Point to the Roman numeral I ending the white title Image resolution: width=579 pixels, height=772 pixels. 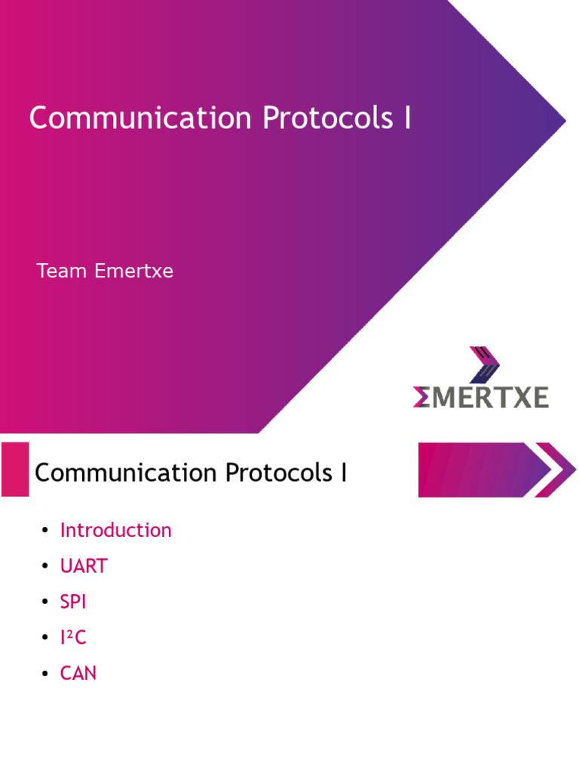click(x=407, y=119)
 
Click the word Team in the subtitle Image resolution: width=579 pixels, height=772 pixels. click(x=62, y=271)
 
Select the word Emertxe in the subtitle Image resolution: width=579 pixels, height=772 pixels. click(x=134, y=271)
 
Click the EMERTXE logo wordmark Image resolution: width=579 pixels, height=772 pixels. click(x=480, y=397)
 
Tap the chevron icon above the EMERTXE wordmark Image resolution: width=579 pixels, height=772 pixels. click(x=483, y=364)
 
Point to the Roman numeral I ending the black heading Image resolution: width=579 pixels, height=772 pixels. click(x=344, y=473)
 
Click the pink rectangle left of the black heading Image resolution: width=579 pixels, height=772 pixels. click(x=15, y=470)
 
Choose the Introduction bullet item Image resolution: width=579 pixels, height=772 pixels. click(x=116, y=530)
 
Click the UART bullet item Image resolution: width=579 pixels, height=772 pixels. click(x=84, y=566)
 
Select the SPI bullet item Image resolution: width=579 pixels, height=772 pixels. click(x=73, y=602)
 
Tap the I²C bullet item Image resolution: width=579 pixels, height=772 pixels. click(x=73, y=638)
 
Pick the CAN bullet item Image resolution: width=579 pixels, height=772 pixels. click(x=78, y=673)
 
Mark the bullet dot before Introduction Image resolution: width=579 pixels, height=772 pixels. click(x=45, y=531)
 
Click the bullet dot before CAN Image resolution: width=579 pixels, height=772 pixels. click(x=45, y=674)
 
